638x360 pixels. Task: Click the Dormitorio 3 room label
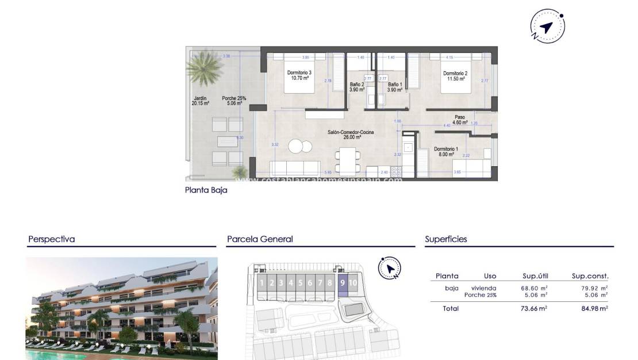pyautogui.click(x=299, y=75)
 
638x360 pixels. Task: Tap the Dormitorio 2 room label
pyautogui.click(x=454, y=76)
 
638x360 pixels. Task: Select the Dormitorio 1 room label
pyautogui.click(x=445, y=151)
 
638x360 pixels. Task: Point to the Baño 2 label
pyautogui.click(x=357, y=87)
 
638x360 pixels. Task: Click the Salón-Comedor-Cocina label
pyautogui.click(x=351, y=135)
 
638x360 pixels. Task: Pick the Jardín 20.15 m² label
pyautogui.click(x=200, y=101)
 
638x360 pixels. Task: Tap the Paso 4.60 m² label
pyautogui.click(x=460, y=120)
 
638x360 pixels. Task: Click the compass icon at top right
pyautogui.click(x=547, y=26)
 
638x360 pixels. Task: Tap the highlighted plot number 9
pyautogui.click(x=343, y=282)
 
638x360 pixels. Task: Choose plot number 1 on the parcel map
pyautogui.click(x=262, y=282)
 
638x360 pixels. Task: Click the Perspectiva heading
pyautogui.click(x=52, y=239)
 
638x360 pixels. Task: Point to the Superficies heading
pyautogui.click(x=446, y=239)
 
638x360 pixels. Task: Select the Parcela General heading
pyautogui.click(x=260, y=239)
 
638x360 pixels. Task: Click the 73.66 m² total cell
pyautogui.click(x=534, y=309)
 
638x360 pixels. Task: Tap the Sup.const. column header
pyautogui.click(x=590, y=276)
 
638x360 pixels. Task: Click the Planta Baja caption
pyautogui.click(x=206, y=190)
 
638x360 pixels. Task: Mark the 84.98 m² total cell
pyautogui.click(x=594, y=309)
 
